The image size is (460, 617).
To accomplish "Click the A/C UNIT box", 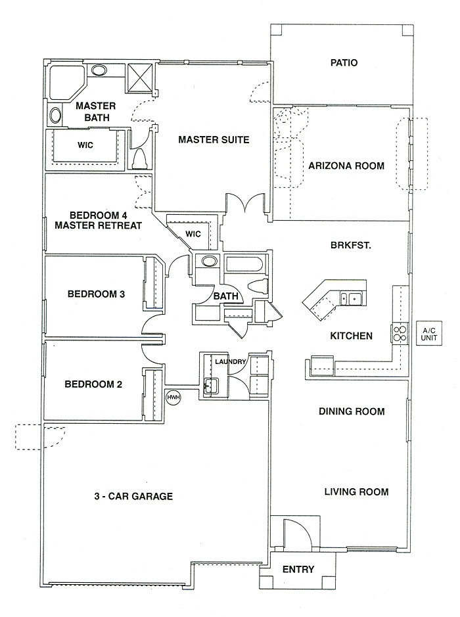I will click(x=428, y=334).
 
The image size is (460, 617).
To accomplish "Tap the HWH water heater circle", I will click(x=173, y=397).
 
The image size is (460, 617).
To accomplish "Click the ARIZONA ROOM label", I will click(x=346, y=165).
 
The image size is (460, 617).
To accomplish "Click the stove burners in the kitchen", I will click(x=400, y=334).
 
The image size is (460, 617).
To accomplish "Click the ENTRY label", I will click(x=298, y=569).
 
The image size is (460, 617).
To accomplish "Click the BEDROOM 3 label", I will click(x=96, y=294).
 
